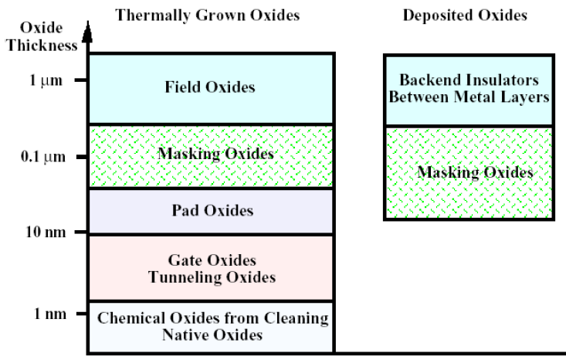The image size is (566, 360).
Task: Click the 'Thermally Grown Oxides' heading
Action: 208,15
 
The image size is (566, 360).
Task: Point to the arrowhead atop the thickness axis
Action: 86,32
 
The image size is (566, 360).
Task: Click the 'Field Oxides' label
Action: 209,87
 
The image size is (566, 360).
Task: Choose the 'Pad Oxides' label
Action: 210,210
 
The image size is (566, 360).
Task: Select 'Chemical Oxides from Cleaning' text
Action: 211,319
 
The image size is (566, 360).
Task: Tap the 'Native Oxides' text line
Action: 211,335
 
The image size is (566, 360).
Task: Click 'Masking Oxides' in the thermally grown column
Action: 216,155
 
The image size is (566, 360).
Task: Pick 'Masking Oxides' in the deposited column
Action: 476,172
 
